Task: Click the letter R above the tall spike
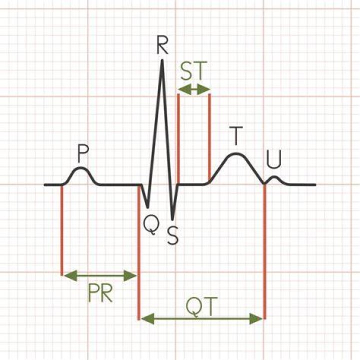[x=162, y=44]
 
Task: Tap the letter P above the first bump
[x=83, y=153]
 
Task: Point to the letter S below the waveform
[x=172, y=235]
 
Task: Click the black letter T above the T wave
[x=236, y=136]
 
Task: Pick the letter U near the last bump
[x=274, y=159]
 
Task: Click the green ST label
[x=194, y=70]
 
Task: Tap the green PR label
[x=100, y=293]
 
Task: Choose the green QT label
[x=201, y=307]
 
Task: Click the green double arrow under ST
[x=194, y=89]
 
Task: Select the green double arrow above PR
[x=100, y=275]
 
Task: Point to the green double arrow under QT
[x=201, y=318]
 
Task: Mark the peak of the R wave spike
[x=162, y=60]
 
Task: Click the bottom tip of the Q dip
[x=148, y=208]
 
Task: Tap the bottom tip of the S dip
[x=172, y=219]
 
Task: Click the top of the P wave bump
[x=80, y=168]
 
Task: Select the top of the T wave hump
[x=236, y=154]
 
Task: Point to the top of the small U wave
[x=274, y=177]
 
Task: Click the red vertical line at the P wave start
[x=62, y=229]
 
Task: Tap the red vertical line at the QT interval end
[x=264, y=251]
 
